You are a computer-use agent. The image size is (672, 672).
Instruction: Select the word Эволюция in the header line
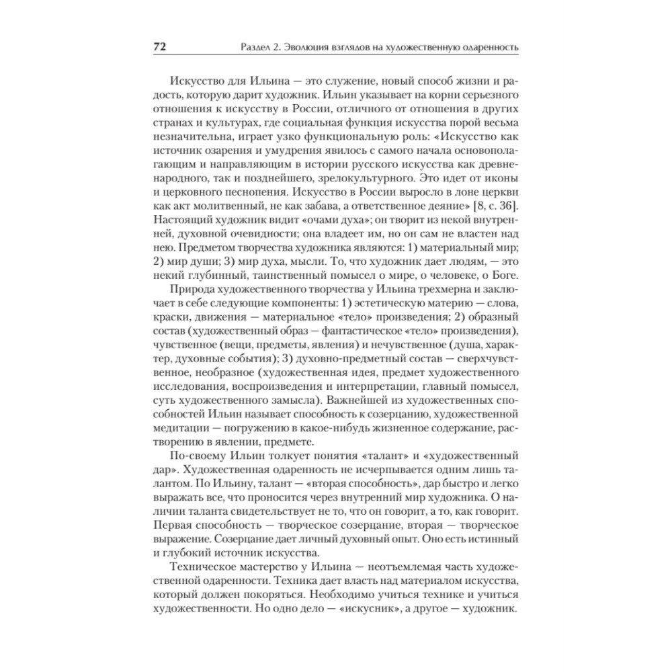click(307, 48)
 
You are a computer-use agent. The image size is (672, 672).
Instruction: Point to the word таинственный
click(275, 274)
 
